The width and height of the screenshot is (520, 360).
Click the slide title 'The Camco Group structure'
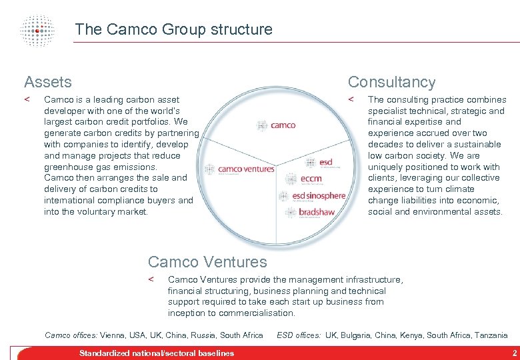173,29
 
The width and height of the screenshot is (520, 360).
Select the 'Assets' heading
47,82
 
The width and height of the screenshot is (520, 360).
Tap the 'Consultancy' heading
391,82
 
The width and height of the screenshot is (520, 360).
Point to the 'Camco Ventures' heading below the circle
207,262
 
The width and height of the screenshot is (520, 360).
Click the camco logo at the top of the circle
276,125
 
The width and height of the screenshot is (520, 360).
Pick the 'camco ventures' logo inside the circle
240,169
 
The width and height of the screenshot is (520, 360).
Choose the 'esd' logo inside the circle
319,162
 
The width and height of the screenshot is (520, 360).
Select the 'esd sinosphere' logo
314,196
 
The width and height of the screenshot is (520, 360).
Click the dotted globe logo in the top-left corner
37,29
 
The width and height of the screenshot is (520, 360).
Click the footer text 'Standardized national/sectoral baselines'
157,353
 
